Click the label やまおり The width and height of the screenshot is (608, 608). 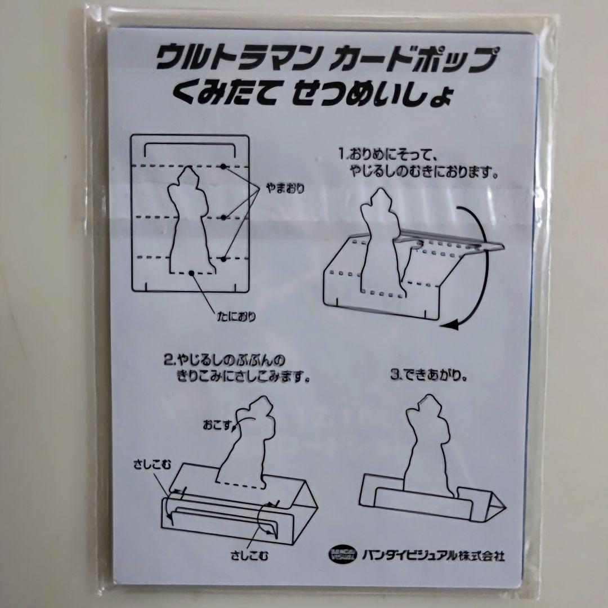click(285, 189)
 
